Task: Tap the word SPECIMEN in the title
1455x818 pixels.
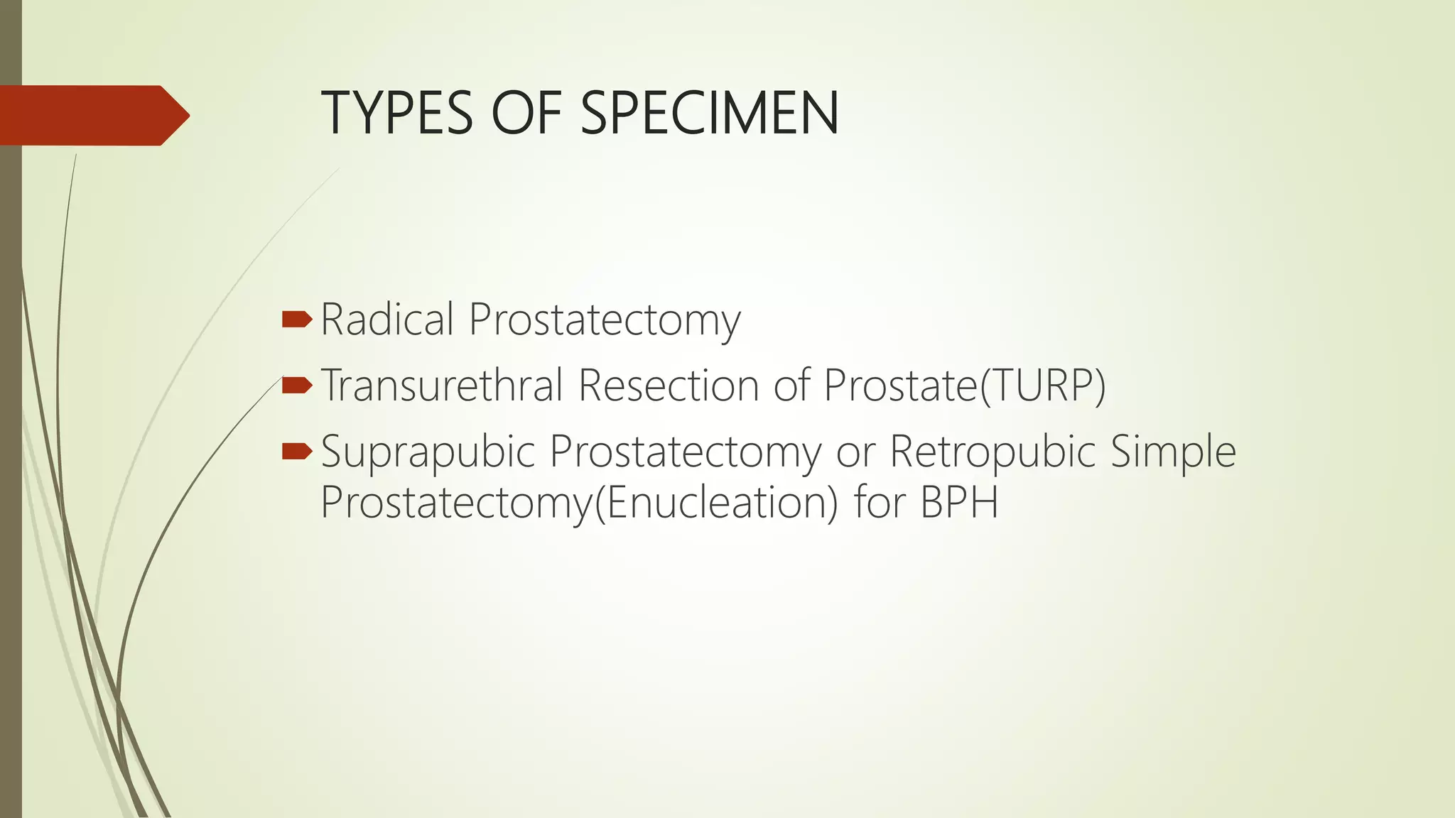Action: tap(710, 114)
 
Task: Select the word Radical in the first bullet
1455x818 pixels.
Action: tap(387, 320)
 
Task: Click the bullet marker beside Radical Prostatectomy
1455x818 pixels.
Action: tap(296, 320)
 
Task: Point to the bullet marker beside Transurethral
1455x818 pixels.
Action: tap(296, 386)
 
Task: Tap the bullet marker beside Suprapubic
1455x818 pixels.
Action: tap(296, 451)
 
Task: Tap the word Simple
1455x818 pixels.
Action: tap(1172, 452)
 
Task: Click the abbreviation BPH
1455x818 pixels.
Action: tap(959, 503)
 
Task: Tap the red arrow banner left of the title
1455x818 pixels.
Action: tap(92, 115)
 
